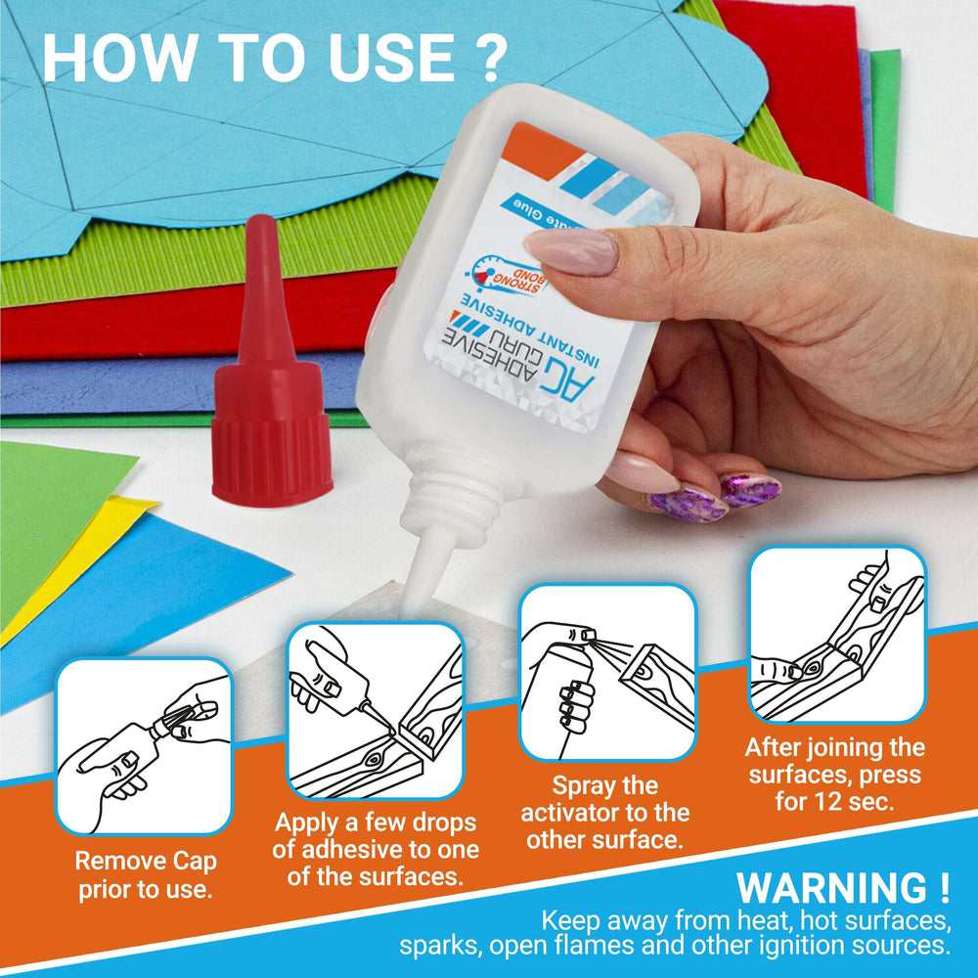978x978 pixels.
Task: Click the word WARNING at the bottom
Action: tap(830, 888)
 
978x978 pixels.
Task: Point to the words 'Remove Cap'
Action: tap(146, 863)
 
